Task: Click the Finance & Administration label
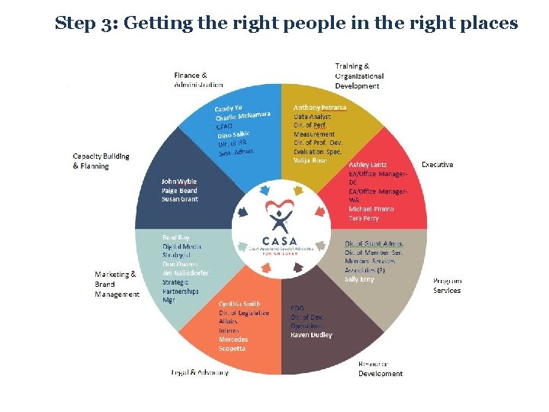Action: pyautogui.click(x=199, y=80)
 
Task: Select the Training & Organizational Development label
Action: pyautogui.click(x=359, y=76)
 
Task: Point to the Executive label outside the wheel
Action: pyautogui.click(x=437, y=165)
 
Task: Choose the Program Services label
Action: pyautogui.click(x=447, y=285)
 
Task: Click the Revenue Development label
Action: pyautogui.click(x=380, y=369)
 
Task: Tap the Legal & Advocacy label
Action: pyautogui.click(x=200, y=373)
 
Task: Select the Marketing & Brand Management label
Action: pyautogui.click(x=117, y=284)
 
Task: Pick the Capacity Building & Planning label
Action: pyautogui.click(x=101, y=161)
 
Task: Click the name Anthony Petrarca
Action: pyautogui.click(x=319, y=108)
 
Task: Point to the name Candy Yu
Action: pyautogui.click(x=229, y=109)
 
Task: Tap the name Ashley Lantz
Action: pyautogui.click(x=368, y=164)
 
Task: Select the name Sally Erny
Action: pyautogui.click(x=360, y=280)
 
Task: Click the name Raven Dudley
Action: pyautogui.click(x=311, y=335)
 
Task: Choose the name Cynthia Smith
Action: pyautogui.click(x=239, y=304)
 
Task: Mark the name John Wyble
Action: pyautogui.click(x=179, y=182)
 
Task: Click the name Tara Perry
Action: pyautogui.click(x=364, y=218)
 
